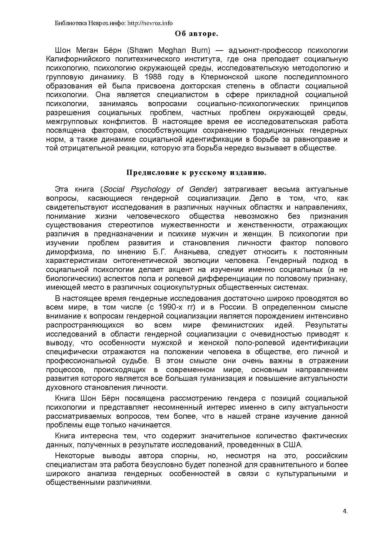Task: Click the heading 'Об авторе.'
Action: coord(196,33)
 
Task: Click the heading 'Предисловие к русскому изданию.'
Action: coord(196,173)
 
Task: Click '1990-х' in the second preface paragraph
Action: coord(169,307)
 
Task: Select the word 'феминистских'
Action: coord(238,325)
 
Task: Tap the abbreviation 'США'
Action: coord(292,445)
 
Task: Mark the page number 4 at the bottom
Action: coord(345,512)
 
